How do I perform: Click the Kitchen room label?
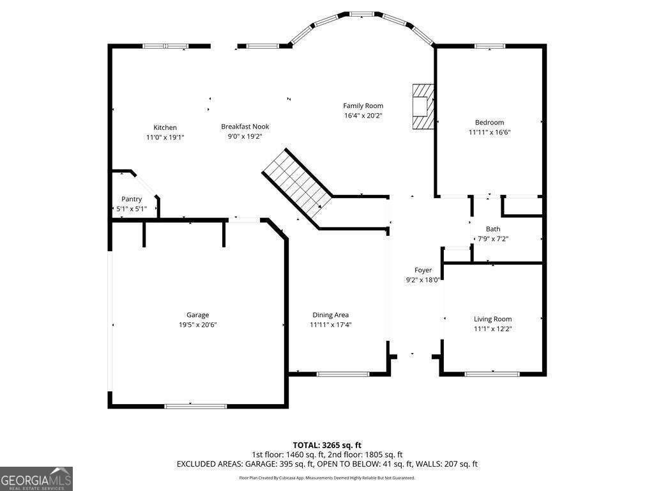coord(165,127)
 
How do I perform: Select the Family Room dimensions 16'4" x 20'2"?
coord(363,116)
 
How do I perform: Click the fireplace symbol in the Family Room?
coord(422,106)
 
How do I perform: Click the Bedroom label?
coord(489,122)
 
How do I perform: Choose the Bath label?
coord(493,229)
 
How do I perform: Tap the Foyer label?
coord(423,270)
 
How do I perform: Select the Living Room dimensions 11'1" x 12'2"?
coord(492,329)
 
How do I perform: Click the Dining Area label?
coord(330,315)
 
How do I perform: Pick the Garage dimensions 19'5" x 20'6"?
coord(198,324)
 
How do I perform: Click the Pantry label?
coord(132,199)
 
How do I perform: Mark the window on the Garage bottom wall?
coord(195,406)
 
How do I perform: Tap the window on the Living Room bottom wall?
coord(492,374)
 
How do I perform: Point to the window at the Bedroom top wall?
coord(490,46)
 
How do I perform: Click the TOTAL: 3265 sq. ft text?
coord(327,444)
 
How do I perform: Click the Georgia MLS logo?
coord(36,479)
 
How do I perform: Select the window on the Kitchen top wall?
coord(165,46)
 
